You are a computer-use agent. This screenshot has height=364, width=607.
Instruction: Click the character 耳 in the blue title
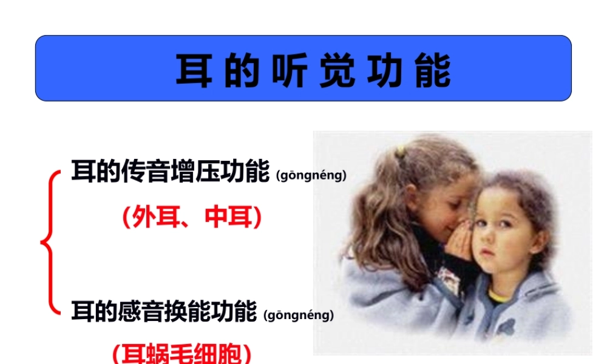[x=194, y=70]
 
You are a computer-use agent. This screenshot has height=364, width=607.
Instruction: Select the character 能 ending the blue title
[x=433, y=70]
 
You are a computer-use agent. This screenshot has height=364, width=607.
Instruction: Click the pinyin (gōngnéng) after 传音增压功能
[x=311, y=176]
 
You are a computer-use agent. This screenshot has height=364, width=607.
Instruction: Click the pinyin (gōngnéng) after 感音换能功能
[x=299, y=315]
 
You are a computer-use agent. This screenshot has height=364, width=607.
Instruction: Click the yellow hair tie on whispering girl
[x=399, y=151]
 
